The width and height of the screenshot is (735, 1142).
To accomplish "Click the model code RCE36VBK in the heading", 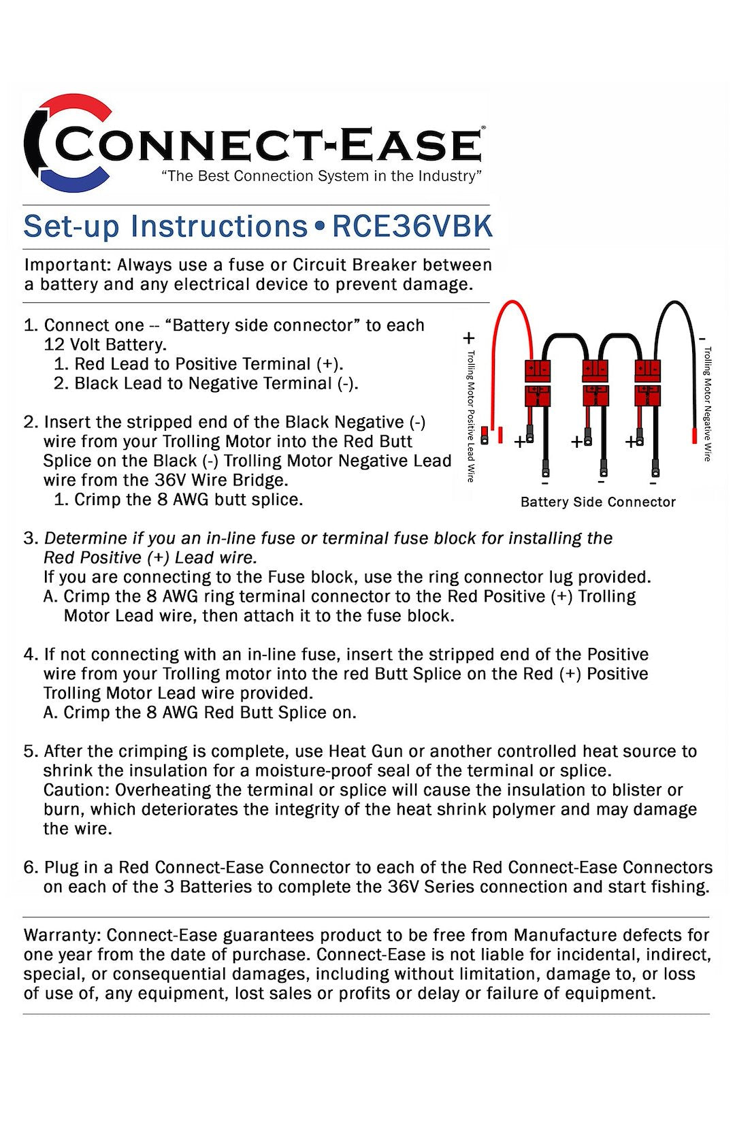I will [x=412, y=227].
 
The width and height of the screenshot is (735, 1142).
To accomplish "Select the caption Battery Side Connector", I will [x=598, y=502].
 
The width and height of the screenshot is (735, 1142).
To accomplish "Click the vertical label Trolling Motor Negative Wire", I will [x=708, y=404].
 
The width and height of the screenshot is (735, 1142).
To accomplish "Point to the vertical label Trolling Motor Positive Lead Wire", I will [x=470, y=415].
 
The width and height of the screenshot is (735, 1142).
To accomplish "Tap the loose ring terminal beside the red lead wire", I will [x=485, y=436].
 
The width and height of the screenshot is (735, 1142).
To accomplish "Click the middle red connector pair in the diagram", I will [x=595, y=384].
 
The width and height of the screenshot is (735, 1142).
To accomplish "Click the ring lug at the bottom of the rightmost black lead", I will [x=655, y=469].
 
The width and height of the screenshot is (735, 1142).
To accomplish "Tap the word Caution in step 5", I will [x=76, y=790].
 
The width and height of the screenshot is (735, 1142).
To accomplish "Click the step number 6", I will [x=30, y=868].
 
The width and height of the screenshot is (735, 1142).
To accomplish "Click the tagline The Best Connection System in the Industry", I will [x=321, y=176].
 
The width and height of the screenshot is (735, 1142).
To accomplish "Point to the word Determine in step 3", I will [x=86, y=538].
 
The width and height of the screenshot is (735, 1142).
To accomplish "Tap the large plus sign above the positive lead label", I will [x=469, y=338].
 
